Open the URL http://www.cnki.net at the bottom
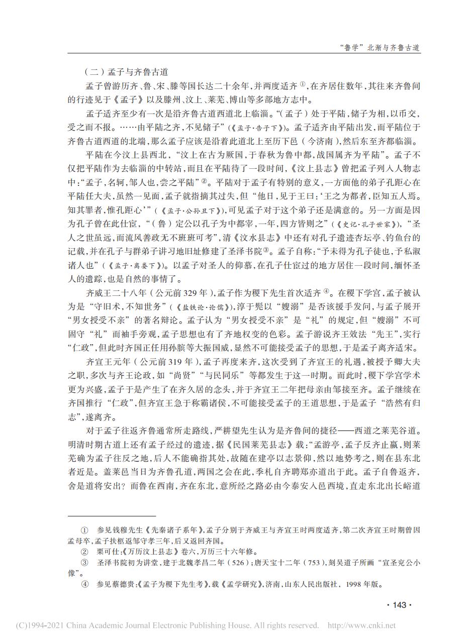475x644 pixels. [361, 625]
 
